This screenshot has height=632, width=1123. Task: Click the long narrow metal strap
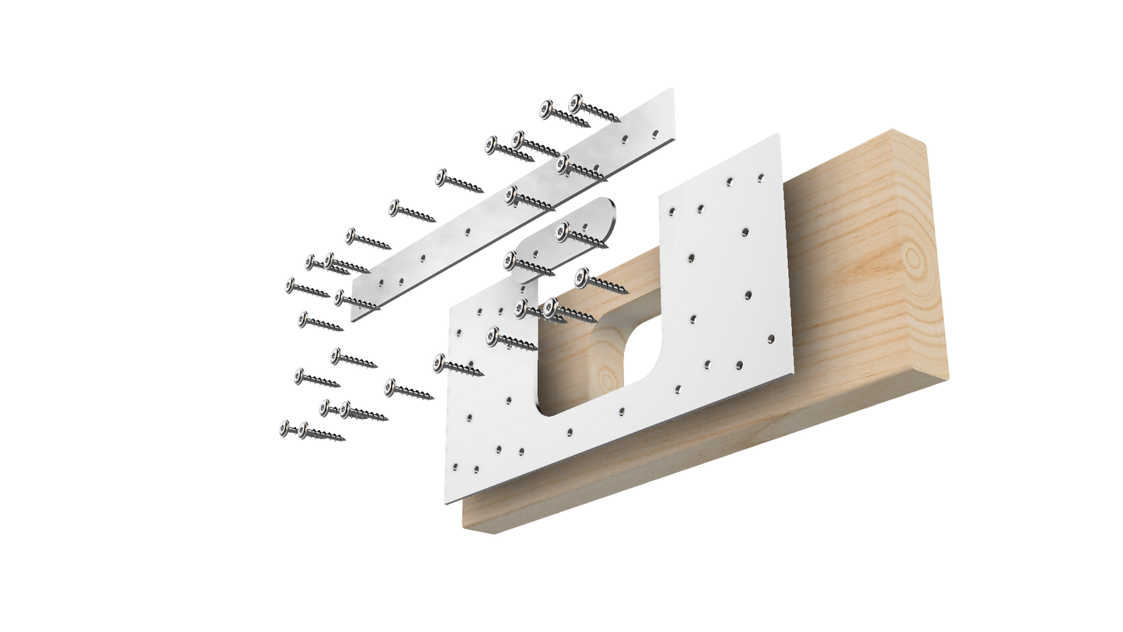pyautogui.click(x=513, y=206)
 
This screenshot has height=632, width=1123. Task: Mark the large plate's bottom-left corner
pyautogui.click(x=444, y=504)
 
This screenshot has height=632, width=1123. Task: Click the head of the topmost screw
pyautogui.click(x=575, y=100)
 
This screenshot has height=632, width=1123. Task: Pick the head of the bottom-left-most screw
pyautogui.click(x=285, y=427)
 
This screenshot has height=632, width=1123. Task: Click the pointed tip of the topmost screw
pyautogui.click(x=619, y=120)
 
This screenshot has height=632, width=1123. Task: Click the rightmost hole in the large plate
pyautogui.click(x=771, y=338)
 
